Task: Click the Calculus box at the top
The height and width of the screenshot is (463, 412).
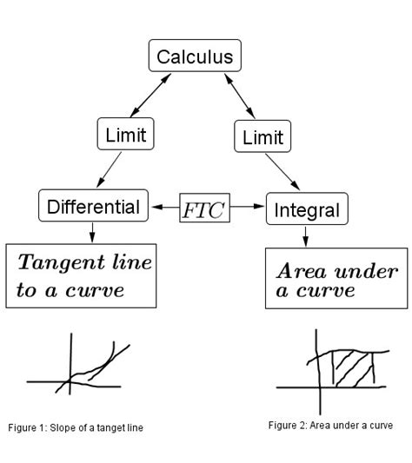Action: click(195, 57)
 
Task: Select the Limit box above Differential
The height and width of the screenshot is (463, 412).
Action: click(125, 135)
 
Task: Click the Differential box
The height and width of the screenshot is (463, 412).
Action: click(93, 207)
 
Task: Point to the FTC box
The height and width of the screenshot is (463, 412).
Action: click(204, 208)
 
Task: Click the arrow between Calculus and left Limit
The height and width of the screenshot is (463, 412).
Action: click(150, 93)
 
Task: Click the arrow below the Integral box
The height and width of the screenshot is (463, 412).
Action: click(305, 235)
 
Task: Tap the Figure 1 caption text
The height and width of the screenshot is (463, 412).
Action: click(76, 427)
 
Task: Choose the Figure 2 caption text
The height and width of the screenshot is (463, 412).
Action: click(330, 426)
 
